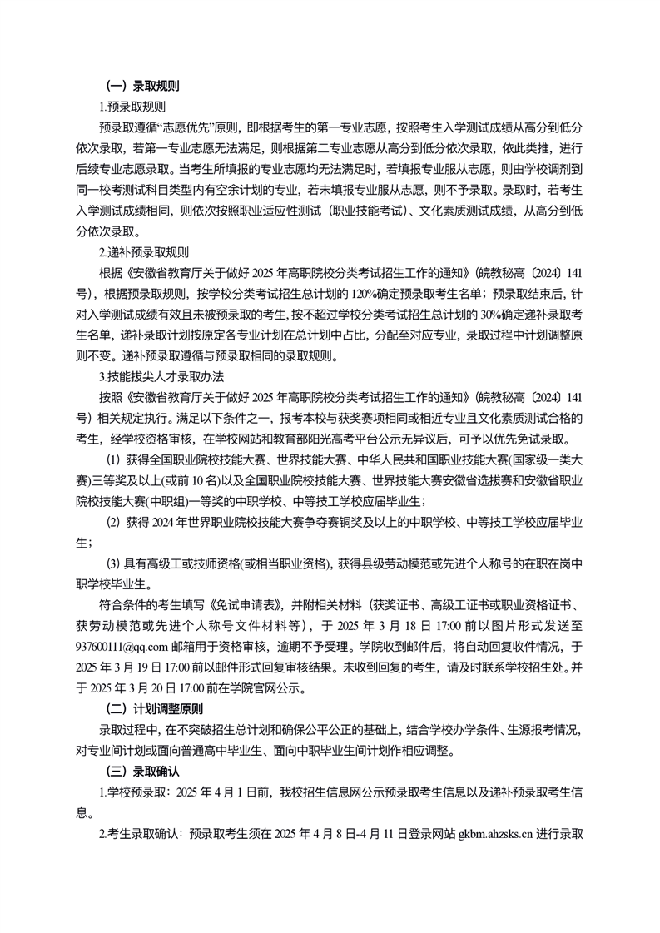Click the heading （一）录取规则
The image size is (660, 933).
click(143, 85)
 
